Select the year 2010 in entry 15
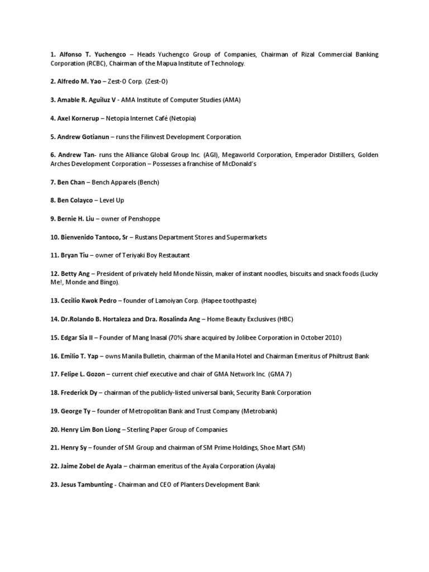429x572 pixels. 329,338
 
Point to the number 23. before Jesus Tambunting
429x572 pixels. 55,485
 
